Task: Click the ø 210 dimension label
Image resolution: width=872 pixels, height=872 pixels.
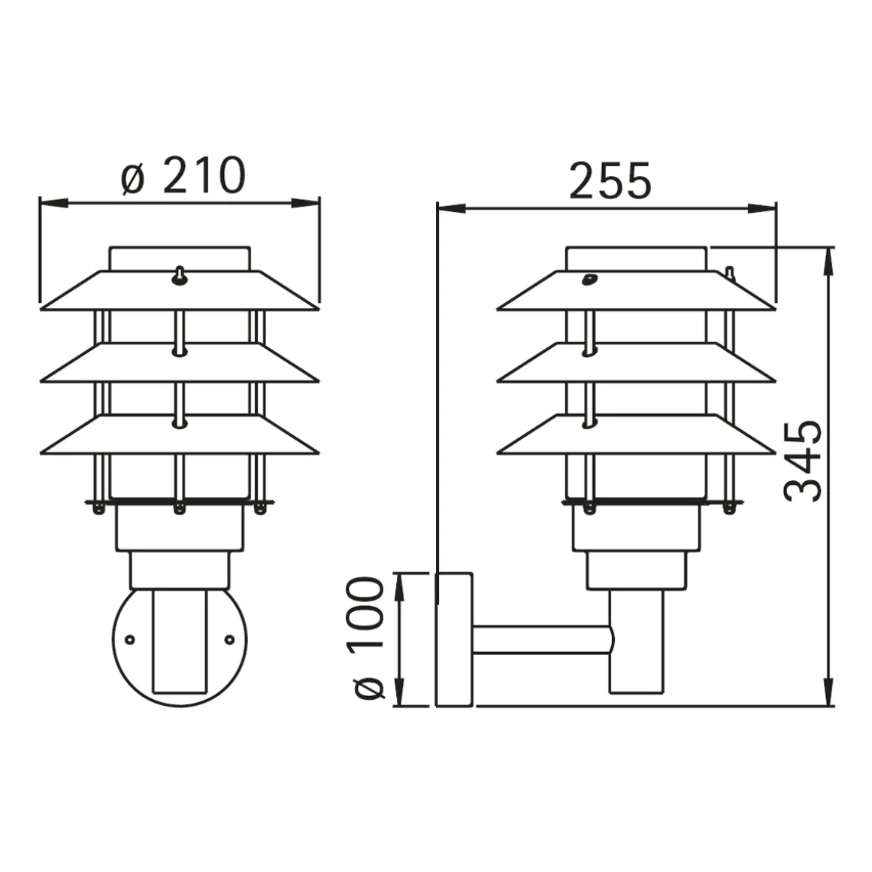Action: coord(183,175)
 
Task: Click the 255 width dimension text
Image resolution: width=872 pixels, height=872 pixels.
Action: coord(610,181)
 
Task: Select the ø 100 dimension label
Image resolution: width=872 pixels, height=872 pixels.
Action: coord(368,638)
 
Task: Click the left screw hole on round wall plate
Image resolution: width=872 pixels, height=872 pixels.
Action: coord(130,639)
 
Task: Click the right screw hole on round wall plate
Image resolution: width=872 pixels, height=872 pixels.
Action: coord(229,639)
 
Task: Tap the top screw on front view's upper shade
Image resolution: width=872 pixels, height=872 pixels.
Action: coord(180,276)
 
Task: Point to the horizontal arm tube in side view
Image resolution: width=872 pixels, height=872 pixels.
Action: coord(541,641)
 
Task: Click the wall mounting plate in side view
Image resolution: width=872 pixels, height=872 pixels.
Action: coord(454,639)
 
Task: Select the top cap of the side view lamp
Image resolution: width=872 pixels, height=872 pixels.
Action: coord(636,258)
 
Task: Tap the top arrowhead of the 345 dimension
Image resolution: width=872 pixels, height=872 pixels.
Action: coord(828,259)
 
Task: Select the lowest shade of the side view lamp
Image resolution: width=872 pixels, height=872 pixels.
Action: coord(636,436)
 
